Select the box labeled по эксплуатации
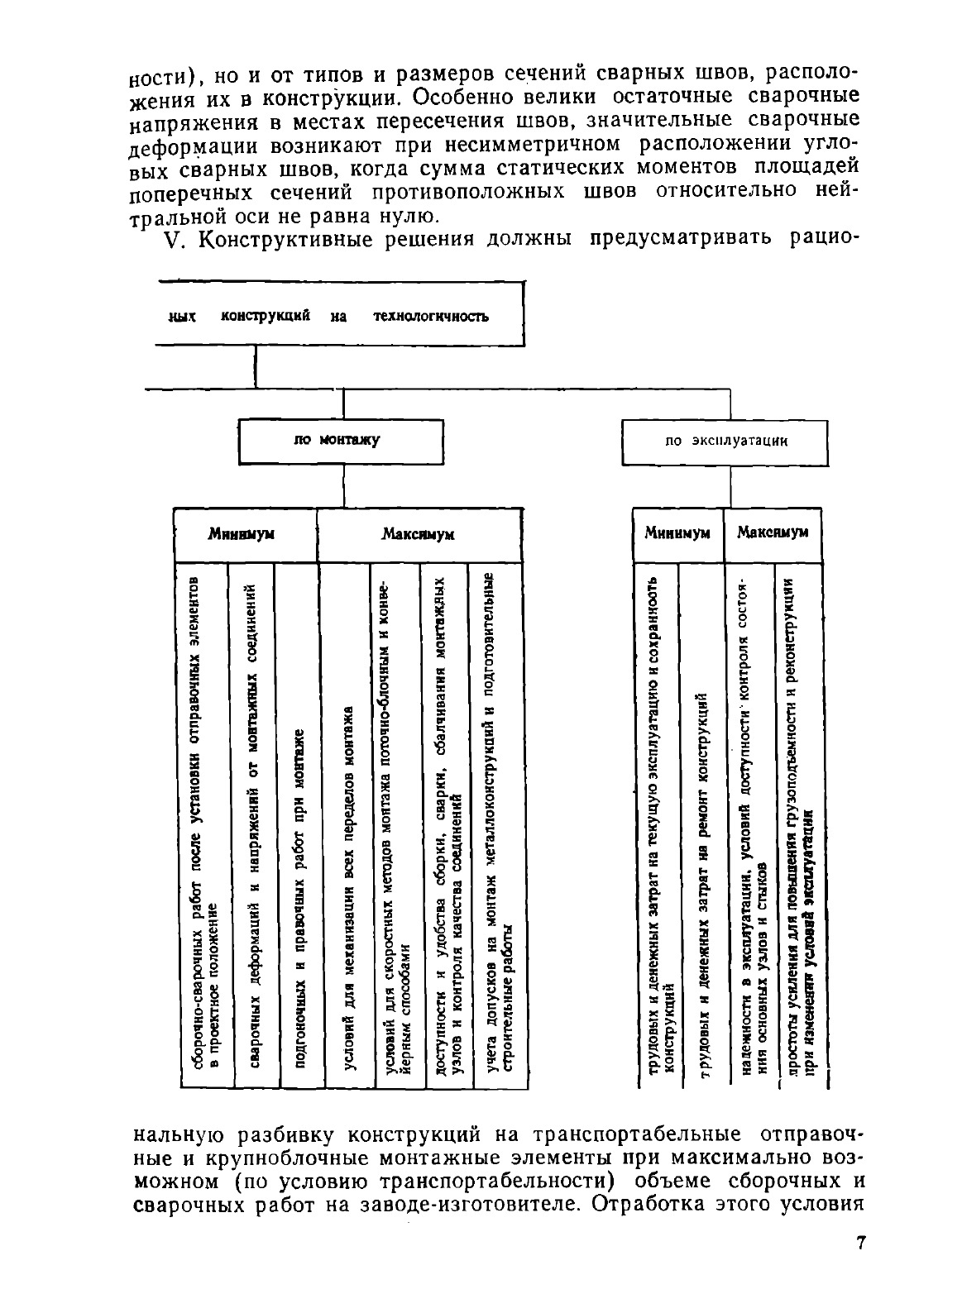click(725, 442)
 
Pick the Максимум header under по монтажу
click(419, 535)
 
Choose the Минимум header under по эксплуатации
click(677, 533)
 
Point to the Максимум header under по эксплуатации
click(772, 532)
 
